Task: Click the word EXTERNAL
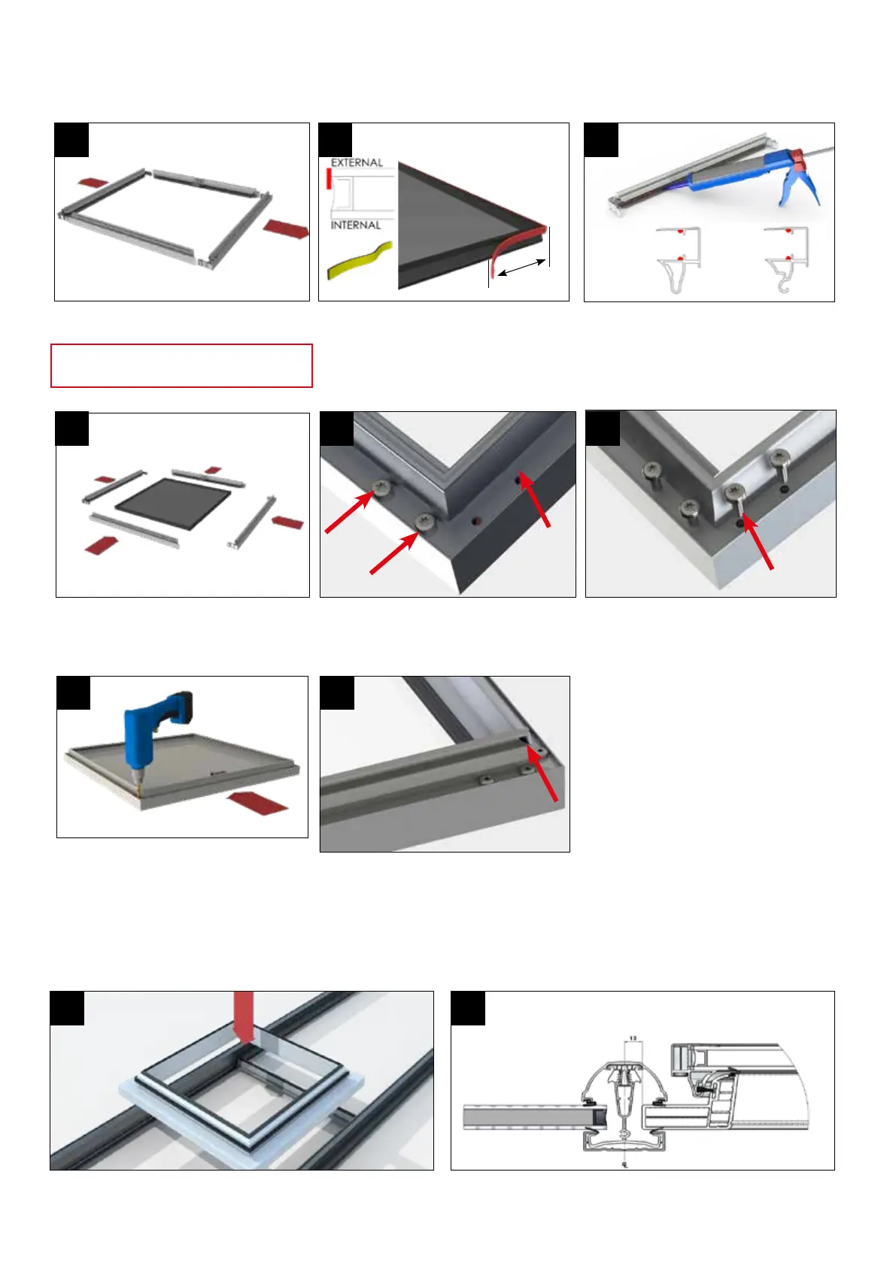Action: (x=357, y=162)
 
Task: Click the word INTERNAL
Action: (x=356, y=225)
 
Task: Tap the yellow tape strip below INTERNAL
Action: (x=360, y=259)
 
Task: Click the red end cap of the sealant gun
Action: (x=797, y=159)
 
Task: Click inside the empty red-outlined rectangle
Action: (x=181, y=365)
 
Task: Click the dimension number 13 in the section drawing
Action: (x=633, y=1038)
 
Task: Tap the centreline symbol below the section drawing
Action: (x=624, y=1165)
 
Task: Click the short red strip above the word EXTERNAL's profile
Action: (x=328, y=178)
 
